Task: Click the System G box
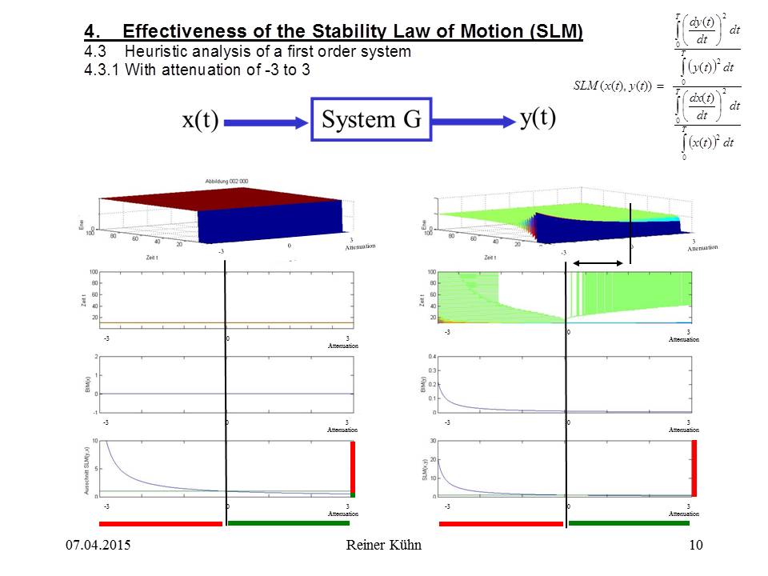pos(370,120)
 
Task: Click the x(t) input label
pos(200,122)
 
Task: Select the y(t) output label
pos(538,118)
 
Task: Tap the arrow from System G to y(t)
pos(472,121)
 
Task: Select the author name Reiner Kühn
pos(384,546)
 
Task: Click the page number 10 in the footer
pos(695,546)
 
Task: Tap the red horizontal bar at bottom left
pos(160,523)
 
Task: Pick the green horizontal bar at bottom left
pos(288,523)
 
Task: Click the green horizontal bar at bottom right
pos(629,523)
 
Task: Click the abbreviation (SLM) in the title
pos(551,33)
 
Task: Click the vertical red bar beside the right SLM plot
pos(694,468)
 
